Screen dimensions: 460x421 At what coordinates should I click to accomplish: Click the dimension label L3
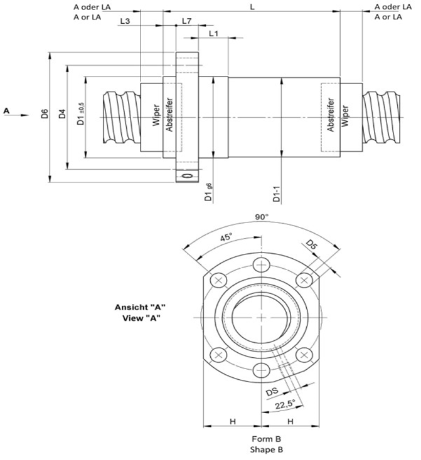point(124,21)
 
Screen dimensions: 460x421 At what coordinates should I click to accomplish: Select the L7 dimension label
point(186,21)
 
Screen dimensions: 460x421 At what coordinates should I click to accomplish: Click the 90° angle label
point(262,217)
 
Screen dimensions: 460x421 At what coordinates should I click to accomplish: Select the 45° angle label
point(225,238)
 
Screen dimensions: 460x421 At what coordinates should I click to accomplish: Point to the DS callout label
point(272,392)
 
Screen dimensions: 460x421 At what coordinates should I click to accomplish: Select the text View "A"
point(139,318)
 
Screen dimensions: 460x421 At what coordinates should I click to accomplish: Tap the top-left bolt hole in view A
point(218,280)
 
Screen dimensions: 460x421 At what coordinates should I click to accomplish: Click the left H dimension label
point(233,421)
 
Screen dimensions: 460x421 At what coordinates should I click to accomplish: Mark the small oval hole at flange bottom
point(186,176)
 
